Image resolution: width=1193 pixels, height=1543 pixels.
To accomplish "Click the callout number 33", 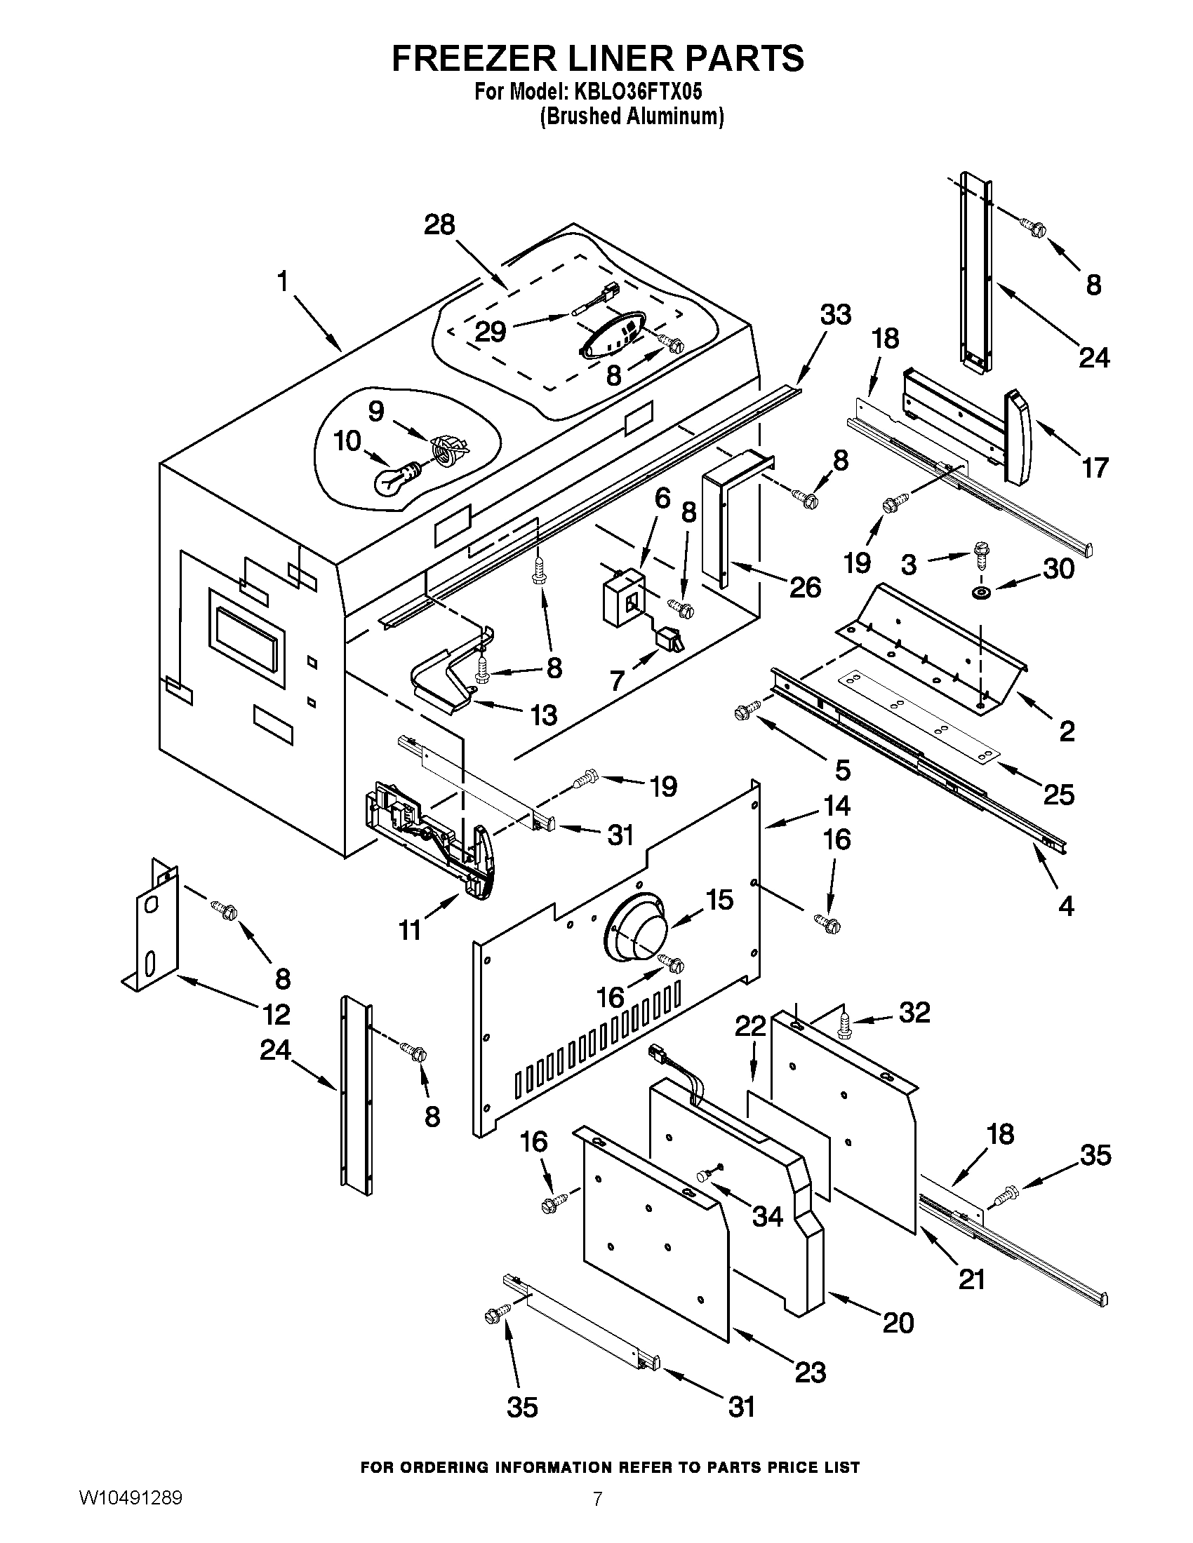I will [834, 314].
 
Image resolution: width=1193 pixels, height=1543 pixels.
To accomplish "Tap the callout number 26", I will [806, 586].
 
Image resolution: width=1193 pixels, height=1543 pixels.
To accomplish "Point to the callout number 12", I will [276, 1015].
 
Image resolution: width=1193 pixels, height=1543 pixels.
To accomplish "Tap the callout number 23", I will [810, 1370].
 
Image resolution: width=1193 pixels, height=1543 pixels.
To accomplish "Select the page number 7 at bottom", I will [597, 1516].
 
